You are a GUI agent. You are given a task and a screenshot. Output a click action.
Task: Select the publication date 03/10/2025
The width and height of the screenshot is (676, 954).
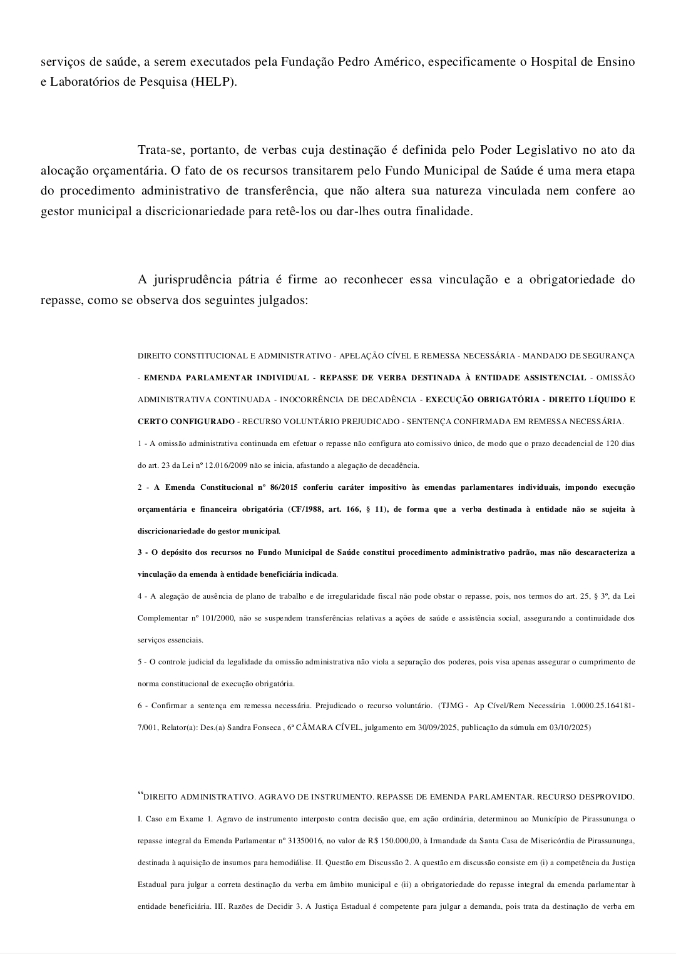[568, 728]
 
